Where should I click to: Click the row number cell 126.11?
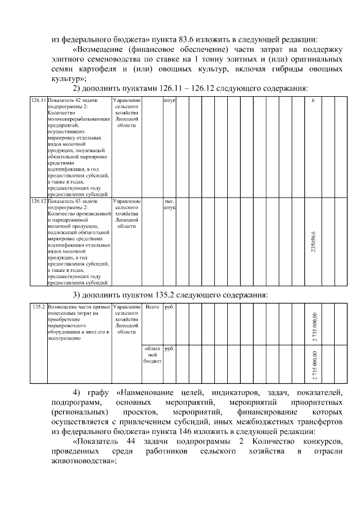pyautogui.click(x=38, y=100)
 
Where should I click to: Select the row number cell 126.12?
pyautogui.click(x=38, y=200)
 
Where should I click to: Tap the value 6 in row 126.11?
pyautogui.click(x=313, y=100)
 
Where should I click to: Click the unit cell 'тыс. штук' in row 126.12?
pyautogui.click(x=169, y=204)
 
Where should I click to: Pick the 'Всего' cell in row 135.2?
pyautogui.click(x=152, y=307)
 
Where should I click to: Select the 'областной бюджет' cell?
pyautogui.click(x=152, y=355)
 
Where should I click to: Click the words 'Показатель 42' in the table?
pyautogui.click(x=65, y=100)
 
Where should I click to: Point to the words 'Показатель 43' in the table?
pyautogui.click(x=65, y=200)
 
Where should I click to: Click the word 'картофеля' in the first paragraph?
pyautogui.click(x=96, y=69)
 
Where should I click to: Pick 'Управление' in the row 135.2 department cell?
pyautogui.click(x=127, y=307)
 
